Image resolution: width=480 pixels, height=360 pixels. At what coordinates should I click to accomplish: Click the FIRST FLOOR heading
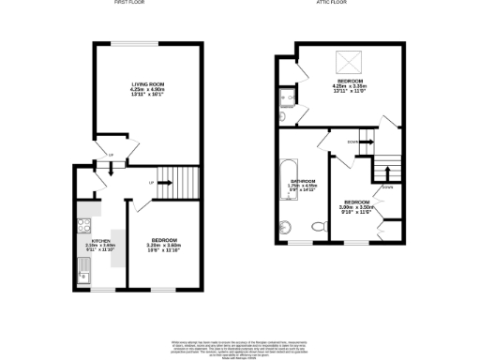click(128, 4)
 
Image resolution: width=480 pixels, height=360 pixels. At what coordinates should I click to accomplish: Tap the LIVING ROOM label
click(147, 90)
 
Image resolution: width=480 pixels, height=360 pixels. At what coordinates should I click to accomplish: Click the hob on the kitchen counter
click(82, 225)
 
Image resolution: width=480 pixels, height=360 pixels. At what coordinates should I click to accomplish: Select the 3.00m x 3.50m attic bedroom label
click(357, 207)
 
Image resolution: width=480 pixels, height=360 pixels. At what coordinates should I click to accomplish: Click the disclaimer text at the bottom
click(240, 346)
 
